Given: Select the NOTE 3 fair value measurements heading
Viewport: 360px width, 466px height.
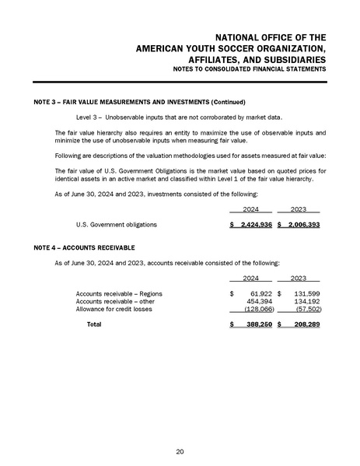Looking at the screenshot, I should point(140,102).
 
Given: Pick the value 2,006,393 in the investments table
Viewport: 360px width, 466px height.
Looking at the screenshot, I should point(302,224).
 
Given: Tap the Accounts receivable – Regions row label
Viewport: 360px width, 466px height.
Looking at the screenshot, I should point(118,293).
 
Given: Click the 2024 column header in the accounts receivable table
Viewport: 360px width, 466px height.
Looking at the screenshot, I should point(250,277).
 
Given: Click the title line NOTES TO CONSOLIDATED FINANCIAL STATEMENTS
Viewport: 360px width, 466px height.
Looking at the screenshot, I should point(250,71).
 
